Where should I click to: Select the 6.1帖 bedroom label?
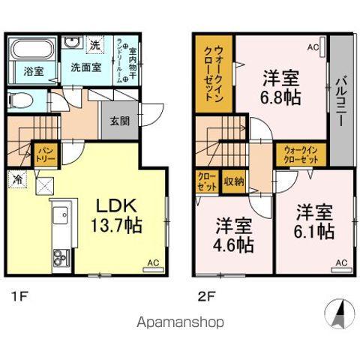pyautogui.click(x=313, y=222)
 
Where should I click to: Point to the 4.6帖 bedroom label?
pyautogui.click(x=233, y=235)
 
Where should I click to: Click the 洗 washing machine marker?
pyautogui.click(x=94, y=44)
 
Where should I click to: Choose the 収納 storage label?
pyautogui.click(x=233, y=181)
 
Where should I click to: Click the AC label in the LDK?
pyautogui.click(x=151, y=263)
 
